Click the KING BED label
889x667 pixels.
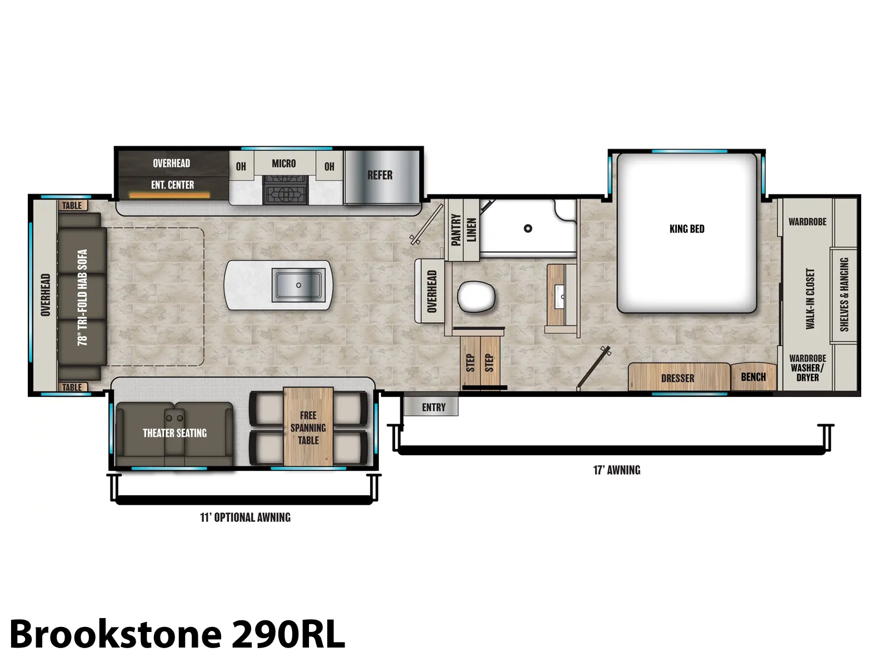[687, 229]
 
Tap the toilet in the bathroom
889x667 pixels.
[476, 297]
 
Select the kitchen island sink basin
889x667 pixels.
[298, 285]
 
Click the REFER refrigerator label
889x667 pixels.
[379, 175]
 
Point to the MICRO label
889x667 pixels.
[283, 163]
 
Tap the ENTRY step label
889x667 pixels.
[433, 407]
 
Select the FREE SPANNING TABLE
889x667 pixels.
[308, 427]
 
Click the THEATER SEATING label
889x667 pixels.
[174, 434]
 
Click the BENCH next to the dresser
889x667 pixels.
[753, 377]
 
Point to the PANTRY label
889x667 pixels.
[456, 230]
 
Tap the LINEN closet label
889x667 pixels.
[472, 230]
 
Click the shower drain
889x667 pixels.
[528, 228]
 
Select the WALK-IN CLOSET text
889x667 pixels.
[810, 298]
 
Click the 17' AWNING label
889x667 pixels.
[616, 470]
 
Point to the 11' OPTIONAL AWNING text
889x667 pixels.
[245, 517]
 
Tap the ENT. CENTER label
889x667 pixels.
[173, 185]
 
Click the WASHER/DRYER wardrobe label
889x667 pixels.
[807, 368]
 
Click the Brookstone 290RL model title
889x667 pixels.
[177, 634]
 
